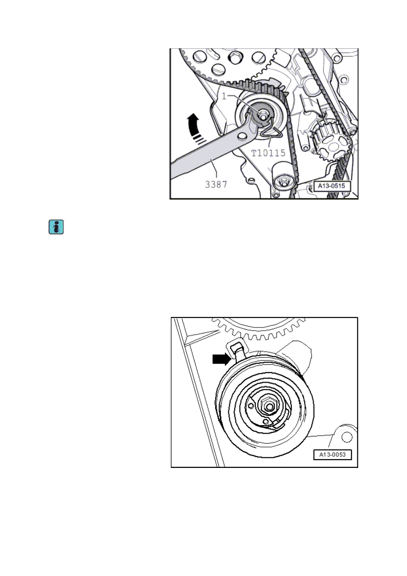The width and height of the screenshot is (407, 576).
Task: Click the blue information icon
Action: [56, 227]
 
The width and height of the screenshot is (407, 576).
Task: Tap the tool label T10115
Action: [268, 153]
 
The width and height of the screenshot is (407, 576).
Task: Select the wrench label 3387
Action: [216, 184]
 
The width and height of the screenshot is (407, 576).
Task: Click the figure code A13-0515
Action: [332, 186]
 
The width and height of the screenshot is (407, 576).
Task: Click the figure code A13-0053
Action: [332, 454]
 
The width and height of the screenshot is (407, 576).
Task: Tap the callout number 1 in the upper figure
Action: [224, 96]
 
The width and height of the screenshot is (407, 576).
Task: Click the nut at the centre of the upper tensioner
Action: [261, 115]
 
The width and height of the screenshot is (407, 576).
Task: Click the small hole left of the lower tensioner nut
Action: [251, 406]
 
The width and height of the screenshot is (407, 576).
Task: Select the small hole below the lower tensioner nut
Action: [266, 422]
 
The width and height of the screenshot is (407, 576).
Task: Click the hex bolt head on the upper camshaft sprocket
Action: [235, 58]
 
